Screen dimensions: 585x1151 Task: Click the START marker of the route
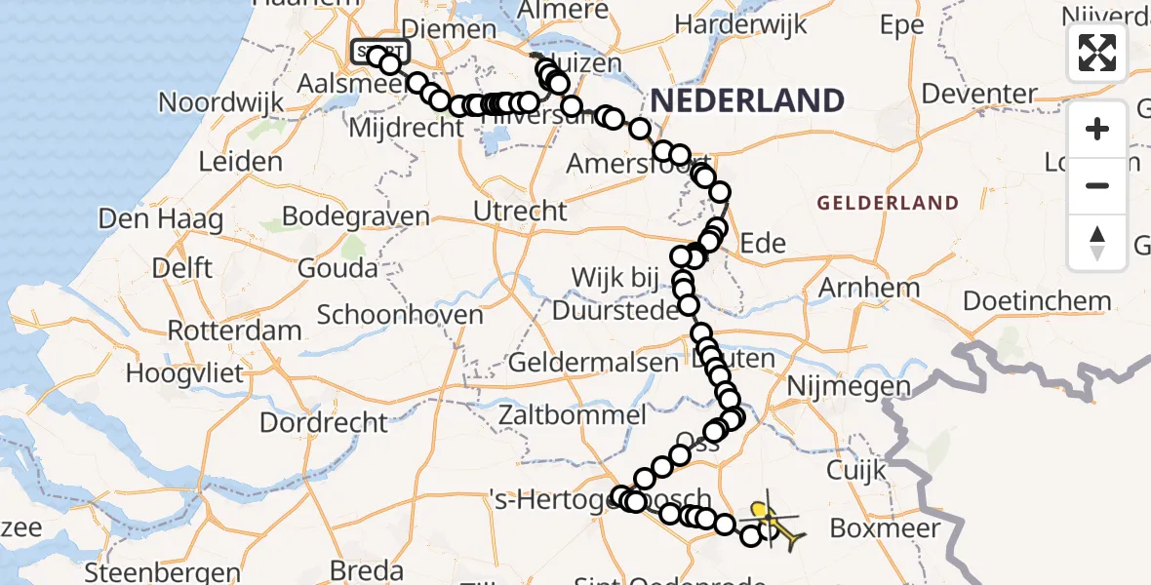click(x=380, y=52)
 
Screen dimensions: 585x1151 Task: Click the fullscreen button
click(x=1097, y=53)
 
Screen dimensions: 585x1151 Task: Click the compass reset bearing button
click(x=1097, y=243)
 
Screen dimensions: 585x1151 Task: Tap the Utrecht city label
click(x=519, y=211)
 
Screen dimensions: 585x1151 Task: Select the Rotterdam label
click(x=234, y=330)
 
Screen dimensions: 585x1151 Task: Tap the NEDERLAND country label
click(x=746, y=100)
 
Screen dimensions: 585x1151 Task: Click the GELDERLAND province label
click(x=888, y=203)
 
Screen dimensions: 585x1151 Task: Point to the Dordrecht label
click(x=324, y=422)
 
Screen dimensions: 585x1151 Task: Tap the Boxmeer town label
click(x=885, y=527)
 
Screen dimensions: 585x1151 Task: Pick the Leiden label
click(x=240, y=161)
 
